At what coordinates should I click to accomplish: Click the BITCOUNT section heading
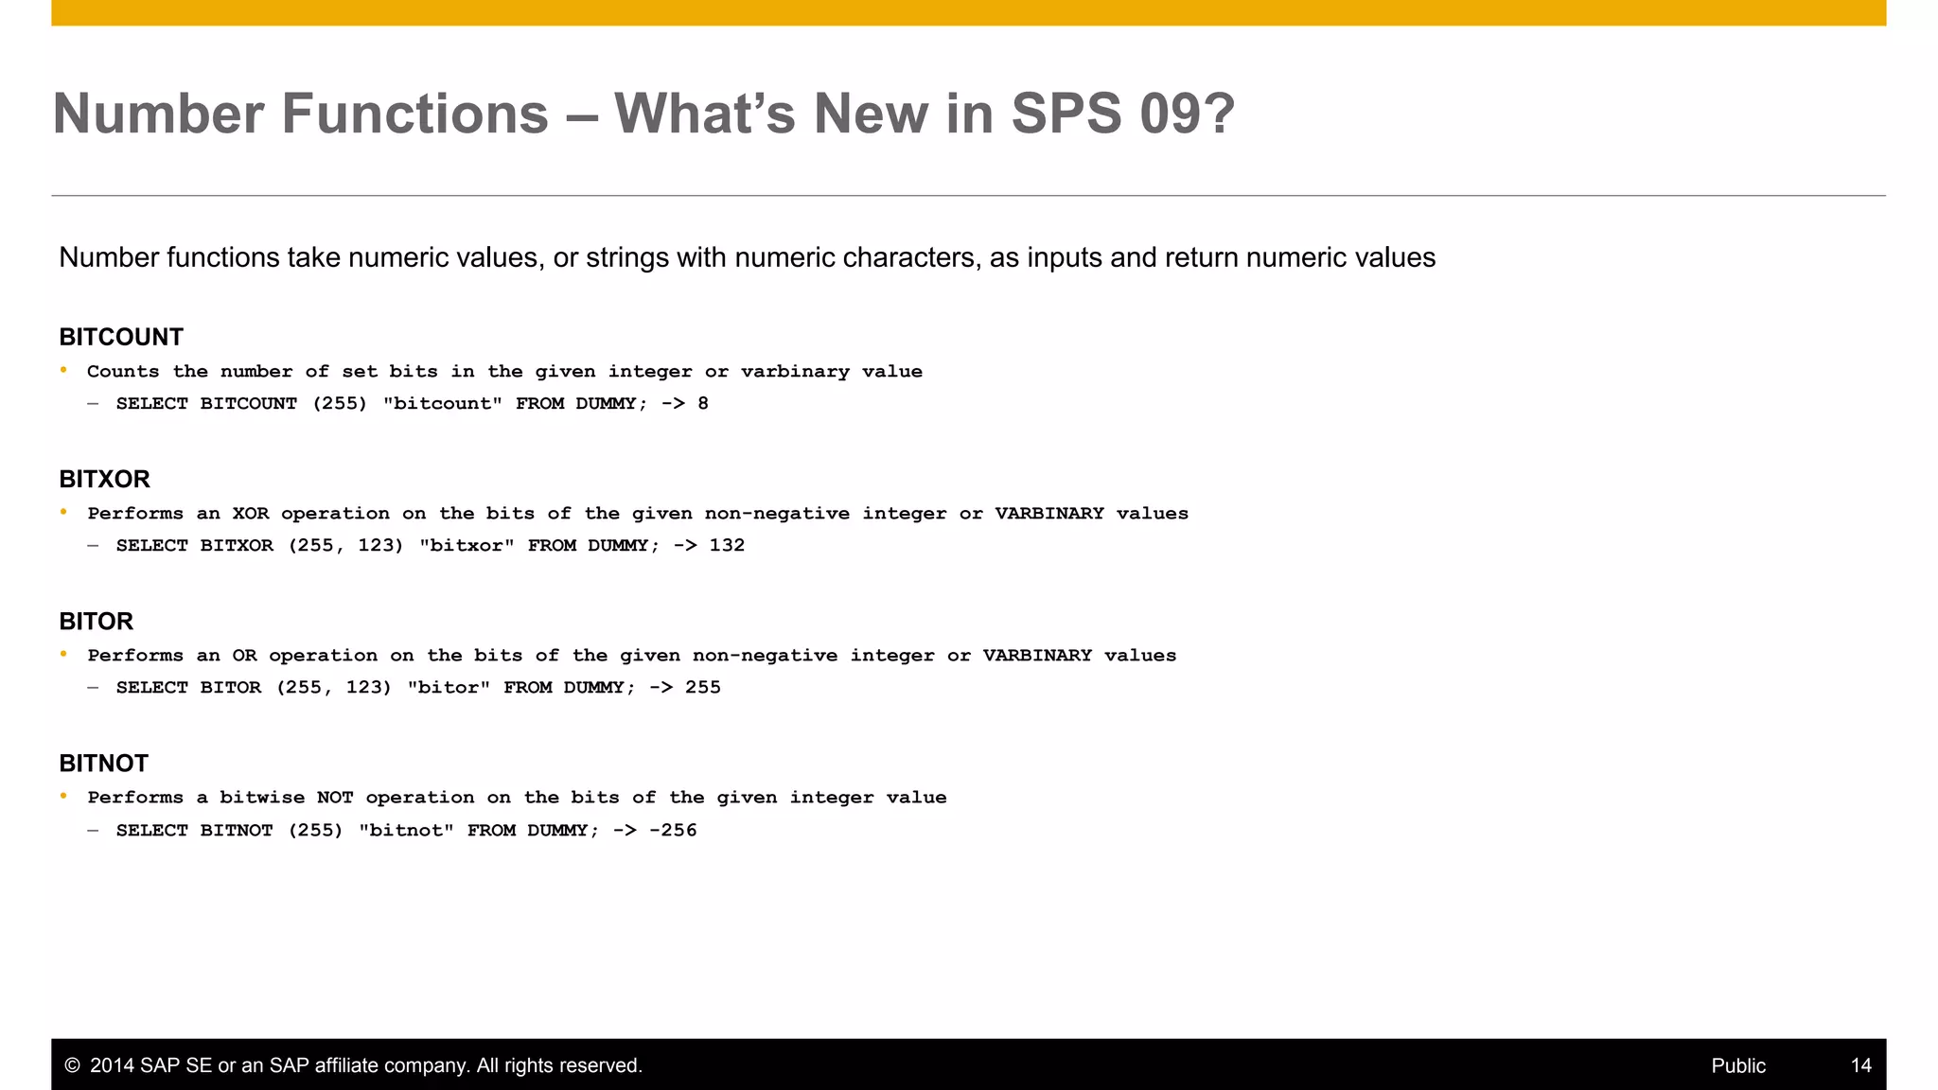[121, 337]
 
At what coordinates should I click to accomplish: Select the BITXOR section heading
[104, 479]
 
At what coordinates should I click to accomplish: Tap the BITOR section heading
[96, 621]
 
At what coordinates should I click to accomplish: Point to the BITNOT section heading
[103, 763]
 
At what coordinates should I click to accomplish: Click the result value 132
[727, 545]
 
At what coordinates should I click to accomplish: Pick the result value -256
[673, 830]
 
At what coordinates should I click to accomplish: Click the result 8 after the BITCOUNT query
[703, 403]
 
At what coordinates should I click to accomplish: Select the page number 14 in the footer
[1860, 1065]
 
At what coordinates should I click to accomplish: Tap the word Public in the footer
[1738, 1065]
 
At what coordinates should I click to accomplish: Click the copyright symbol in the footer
[72, 1065]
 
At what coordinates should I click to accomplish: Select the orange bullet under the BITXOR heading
[64, 512]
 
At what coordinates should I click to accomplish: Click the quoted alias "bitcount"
[442, 403]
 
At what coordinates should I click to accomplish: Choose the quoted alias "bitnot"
[406, 830]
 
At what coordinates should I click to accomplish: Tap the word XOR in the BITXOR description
[251, 513]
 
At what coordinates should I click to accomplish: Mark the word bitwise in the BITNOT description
[262, 797]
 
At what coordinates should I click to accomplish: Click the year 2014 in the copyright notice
[112, 1065]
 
